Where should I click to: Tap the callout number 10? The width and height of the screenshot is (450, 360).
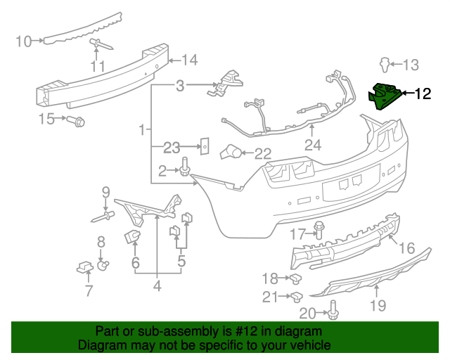23,41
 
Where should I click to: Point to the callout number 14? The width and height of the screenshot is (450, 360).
190,60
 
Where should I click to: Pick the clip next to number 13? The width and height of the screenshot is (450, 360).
384,65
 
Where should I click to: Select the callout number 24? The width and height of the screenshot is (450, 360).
312,146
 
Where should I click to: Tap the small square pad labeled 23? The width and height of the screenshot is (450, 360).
205,148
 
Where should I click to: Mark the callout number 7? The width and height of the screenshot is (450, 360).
89,290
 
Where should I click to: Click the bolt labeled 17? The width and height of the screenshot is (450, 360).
320,230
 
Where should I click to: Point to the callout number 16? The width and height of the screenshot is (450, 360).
407,248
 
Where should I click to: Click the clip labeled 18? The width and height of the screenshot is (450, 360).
297,278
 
